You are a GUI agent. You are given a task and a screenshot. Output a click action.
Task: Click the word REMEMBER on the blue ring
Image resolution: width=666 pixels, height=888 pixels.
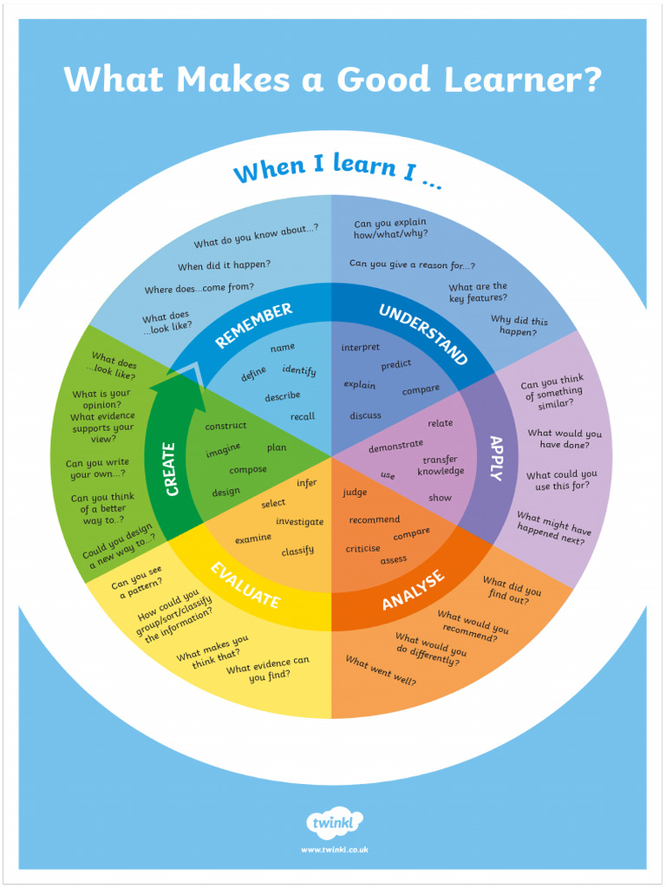(x=254, y=325)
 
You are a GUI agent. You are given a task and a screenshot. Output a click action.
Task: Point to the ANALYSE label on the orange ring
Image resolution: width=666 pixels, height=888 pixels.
(x=414, y=590)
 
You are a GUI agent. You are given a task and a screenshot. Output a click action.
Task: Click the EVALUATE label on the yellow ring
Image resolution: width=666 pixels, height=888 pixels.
(x=245, y=585)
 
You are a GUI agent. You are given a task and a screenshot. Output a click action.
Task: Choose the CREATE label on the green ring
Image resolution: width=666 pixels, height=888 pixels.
(x=171, y=469)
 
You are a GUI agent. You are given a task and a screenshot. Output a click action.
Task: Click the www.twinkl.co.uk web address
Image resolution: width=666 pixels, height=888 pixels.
(x=334, y=850)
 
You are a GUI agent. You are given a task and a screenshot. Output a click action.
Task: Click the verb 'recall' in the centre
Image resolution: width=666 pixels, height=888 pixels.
(x=303, y=416)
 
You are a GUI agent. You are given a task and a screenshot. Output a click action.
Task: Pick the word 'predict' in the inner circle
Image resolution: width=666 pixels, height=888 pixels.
(x=396, y=365)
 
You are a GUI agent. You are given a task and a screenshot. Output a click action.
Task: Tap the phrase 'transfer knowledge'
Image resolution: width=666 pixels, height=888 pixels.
(x=441, y=466)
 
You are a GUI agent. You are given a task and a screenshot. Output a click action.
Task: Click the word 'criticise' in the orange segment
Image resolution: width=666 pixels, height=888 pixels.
(x=363, y=548)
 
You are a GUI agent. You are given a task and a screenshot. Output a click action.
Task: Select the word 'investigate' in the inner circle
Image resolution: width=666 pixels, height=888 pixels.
(x=299, y=522)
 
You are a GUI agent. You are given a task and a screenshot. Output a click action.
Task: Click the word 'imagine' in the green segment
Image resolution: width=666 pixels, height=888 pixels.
(x=223, y=452)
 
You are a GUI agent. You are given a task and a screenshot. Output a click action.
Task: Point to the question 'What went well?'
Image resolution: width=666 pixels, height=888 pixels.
(x=381, y=671)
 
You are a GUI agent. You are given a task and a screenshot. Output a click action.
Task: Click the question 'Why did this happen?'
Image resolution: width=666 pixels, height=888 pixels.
(x=519, y=326)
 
